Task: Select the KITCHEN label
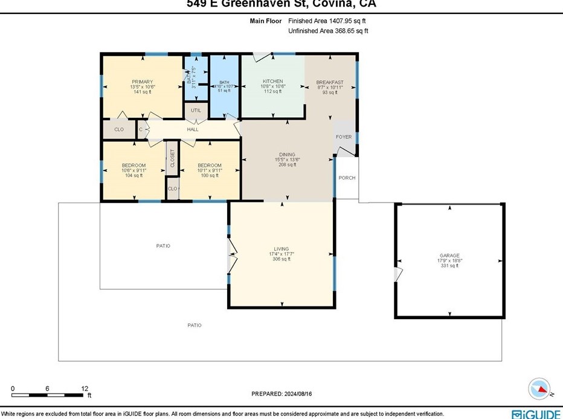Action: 272,82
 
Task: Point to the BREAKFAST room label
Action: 330,82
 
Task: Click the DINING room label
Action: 287,154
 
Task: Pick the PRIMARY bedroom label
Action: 143,82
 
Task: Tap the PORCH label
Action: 347,178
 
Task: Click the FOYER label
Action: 344,137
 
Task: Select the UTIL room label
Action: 196,111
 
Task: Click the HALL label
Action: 192,129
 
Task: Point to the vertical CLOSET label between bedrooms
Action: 172,158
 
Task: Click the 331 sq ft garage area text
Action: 449,266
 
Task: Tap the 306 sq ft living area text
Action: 281,259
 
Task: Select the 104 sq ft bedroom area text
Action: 134,175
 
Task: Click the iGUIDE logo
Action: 535,414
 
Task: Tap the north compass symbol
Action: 539,388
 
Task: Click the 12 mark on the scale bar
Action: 85,388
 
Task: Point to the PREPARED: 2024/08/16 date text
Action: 281,394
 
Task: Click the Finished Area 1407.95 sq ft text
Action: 327,21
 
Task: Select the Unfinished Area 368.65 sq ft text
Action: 328,31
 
